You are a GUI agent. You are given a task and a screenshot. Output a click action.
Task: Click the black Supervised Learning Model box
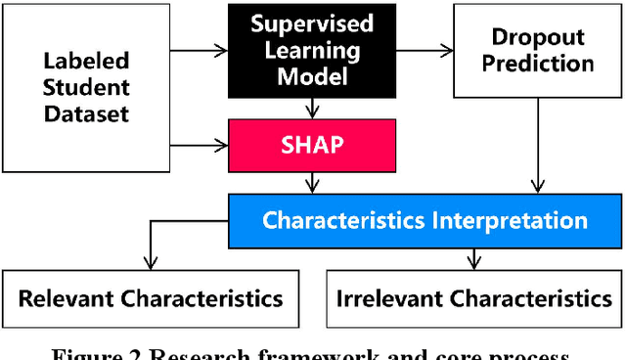311,50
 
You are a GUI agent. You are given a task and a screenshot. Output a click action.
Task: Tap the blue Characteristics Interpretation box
424,219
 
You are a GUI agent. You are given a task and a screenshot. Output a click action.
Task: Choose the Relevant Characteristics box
151,298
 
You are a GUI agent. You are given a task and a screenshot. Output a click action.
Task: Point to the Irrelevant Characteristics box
473,298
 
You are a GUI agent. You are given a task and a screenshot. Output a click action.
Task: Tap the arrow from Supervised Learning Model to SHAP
311,108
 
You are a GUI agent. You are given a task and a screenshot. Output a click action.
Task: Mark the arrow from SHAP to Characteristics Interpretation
311,182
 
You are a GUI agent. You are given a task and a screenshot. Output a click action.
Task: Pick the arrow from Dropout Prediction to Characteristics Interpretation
536,147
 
